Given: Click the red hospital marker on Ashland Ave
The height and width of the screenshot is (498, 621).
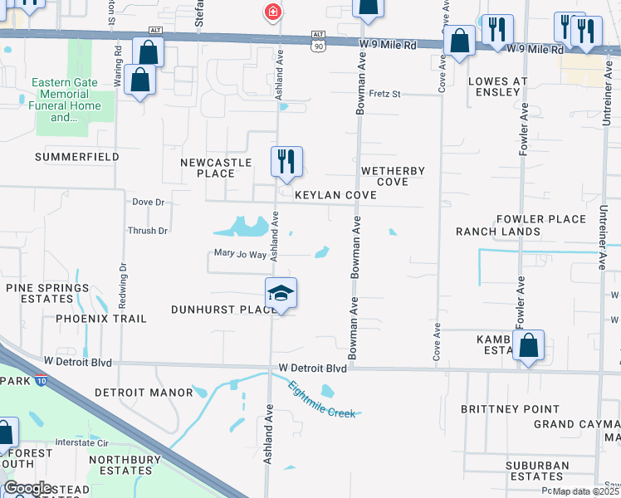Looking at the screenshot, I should point(271,12).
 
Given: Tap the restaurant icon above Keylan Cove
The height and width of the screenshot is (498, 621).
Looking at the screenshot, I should point(286,162).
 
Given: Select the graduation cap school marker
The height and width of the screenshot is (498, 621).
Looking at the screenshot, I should point(281,293).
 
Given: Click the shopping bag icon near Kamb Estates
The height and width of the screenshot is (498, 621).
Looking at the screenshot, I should point(528,345).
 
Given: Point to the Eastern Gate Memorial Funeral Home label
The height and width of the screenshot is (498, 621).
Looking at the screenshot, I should point(65,100).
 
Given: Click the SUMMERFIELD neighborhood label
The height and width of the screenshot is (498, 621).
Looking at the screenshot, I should point(76,157).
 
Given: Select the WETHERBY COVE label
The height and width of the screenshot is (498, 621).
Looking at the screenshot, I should point(393,176).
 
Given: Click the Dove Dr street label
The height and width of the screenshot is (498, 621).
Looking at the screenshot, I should point(149,202).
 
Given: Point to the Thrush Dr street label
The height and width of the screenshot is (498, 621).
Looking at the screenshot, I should point(148,231).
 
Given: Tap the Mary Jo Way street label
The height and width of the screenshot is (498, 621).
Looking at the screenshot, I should point(239,254).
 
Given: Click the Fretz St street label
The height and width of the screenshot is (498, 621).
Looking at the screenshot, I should point(384,94).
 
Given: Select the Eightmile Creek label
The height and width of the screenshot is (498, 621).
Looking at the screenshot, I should point(322,399).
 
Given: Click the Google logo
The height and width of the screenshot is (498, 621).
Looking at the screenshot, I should point(27,488).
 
